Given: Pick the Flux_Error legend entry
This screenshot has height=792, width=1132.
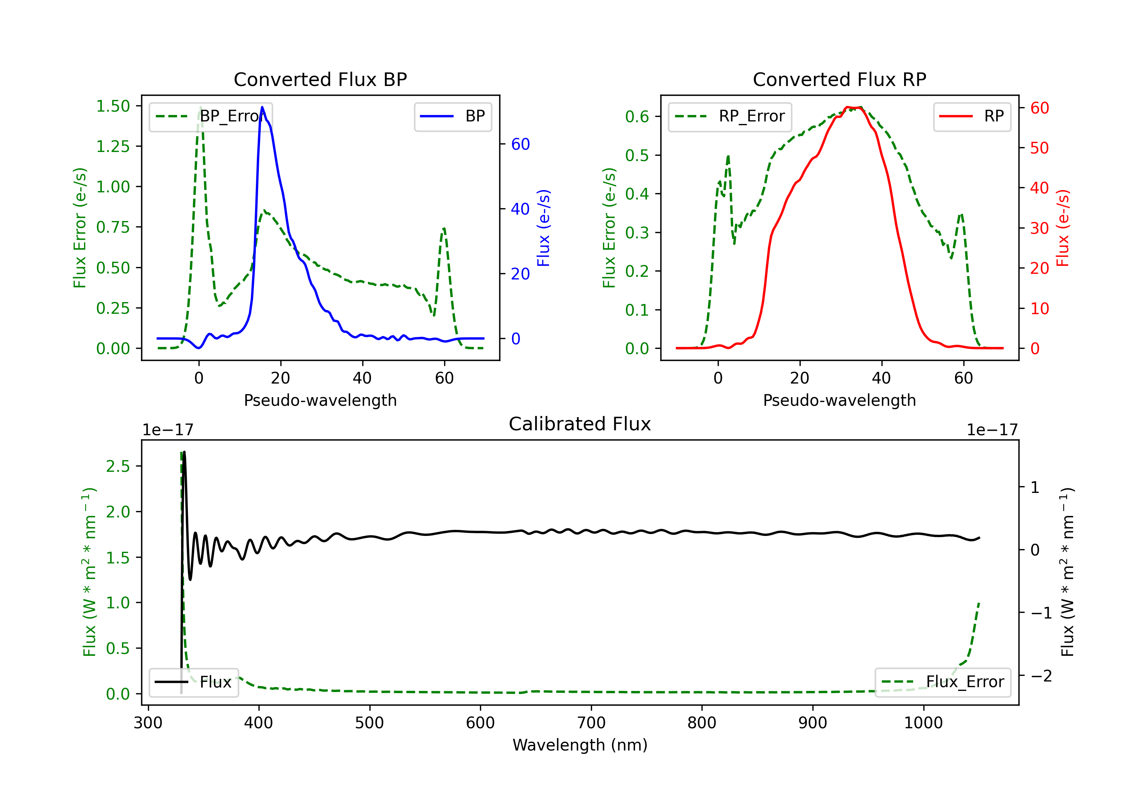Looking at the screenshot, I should tap(943, 682).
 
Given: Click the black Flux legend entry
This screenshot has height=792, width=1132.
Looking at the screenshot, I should tap(194, 682).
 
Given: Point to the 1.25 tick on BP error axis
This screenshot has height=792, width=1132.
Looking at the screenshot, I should tap(113, 147).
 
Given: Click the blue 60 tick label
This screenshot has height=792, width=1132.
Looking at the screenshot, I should tap(520, 144).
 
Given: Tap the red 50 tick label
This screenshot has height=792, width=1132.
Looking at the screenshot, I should tap(1039, 148).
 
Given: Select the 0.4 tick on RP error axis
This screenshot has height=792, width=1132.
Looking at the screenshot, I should tap(637, 194).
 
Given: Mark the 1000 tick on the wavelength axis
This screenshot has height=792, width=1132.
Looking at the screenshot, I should tap(923, 723).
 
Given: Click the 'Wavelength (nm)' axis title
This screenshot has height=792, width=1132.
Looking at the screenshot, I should tap(580, 745).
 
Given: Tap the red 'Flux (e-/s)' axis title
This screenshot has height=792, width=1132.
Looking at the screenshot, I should tap(1063, 228).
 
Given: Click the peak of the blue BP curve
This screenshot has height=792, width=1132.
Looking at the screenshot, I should tap(262, 107).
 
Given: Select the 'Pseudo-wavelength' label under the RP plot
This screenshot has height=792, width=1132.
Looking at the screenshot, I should tap(839, 400).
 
